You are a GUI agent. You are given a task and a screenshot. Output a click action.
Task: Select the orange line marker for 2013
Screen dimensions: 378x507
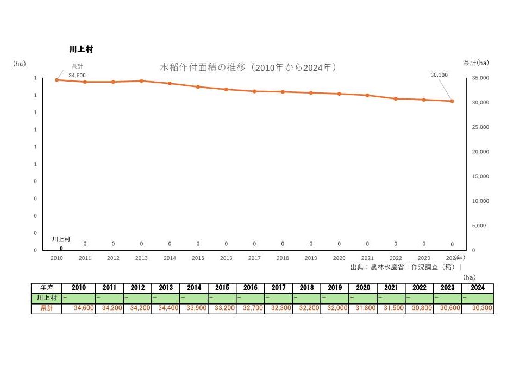pyautogui.click(x=141, y=81)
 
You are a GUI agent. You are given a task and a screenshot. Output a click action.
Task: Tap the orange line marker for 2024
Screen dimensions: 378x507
pyautogui.click(x=452, y=101)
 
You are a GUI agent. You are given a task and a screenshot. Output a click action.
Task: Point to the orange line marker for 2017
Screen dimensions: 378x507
pyautogui.click(x=254, y=91)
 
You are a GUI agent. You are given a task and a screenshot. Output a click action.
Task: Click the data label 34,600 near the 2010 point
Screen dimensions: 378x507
pyautogui.click(x=77, y=75)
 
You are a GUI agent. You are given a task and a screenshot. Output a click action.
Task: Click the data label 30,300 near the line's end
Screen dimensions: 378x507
pyautogui.click(x=439, y=75)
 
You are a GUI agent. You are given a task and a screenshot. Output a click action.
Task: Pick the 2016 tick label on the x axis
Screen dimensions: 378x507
pyautogui.click(x=226, y=258)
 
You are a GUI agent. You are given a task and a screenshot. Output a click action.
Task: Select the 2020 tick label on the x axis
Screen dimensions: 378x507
pyautogui.click(x=339, y=258)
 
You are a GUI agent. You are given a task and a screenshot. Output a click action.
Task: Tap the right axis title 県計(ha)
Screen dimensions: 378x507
pyautogui.click(x=475, y=63)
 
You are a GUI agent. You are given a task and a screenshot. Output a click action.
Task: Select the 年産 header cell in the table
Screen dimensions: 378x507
pyautogui.click(x=47, y=288)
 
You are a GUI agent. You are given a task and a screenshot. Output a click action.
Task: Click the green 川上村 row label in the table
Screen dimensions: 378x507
pyautogui.click(x=47, y=298)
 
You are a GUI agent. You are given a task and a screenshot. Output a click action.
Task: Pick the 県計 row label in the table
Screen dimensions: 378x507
pyautogui.click(x=47, y=308)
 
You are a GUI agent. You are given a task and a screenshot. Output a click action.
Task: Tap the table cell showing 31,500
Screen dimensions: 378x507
pyautogui.click(x=391, y=308)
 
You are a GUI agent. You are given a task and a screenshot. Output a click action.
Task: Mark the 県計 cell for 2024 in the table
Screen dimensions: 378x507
pyautogui.click(x=478, y=308)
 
